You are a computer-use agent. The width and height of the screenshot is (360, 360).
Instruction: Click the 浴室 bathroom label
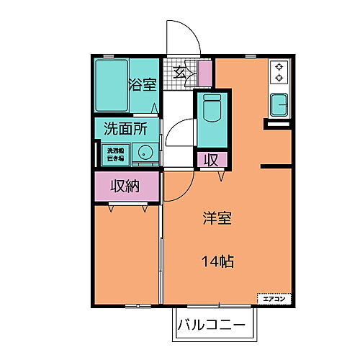pyautogui.click(x=142, y=85)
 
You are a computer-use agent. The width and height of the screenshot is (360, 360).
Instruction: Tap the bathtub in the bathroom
pyautogui.click(x=112, y=84)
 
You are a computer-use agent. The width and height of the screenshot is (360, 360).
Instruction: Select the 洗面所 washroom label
pyautogui.click(x=126, y=130)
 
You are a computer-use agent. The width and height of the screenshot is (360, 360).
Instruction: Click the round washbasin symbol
pyautogui.click(x=145, y=153)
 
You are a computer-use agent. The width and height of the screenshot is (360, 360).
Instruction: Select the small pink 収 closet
pyautogui.click(x=213, y=159)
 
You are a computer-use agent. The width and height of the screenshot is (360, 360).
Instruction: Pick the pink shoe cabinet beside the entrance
pyautogui.click(x=205, y=73)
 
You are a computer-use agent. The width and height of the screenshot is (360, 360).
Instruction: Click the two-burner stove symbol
pyautogui.click(x=279, y=73)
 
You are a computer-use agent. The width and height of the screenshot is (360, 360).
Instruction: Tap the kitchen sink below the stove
pyautogui.click(x=279, y=105)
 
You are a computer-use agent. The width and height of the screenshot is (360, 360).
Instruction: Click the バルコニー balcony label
pyautogui.click(x=213, y=325)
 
